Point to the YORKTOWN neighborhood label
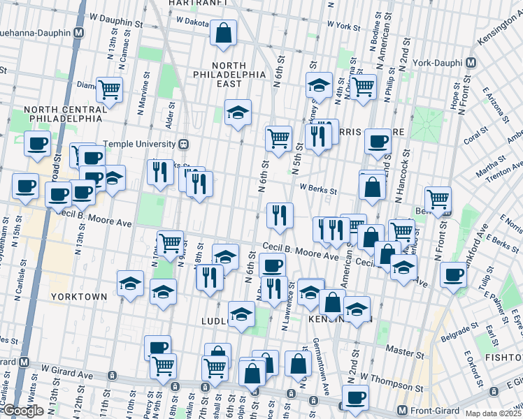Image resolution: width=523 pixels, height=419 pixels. point(79,297)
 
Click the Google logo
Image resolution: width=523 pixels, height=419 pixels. point(22,411)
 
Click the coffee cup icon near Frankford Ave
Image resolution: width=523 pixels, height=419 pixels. point(453,274)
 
